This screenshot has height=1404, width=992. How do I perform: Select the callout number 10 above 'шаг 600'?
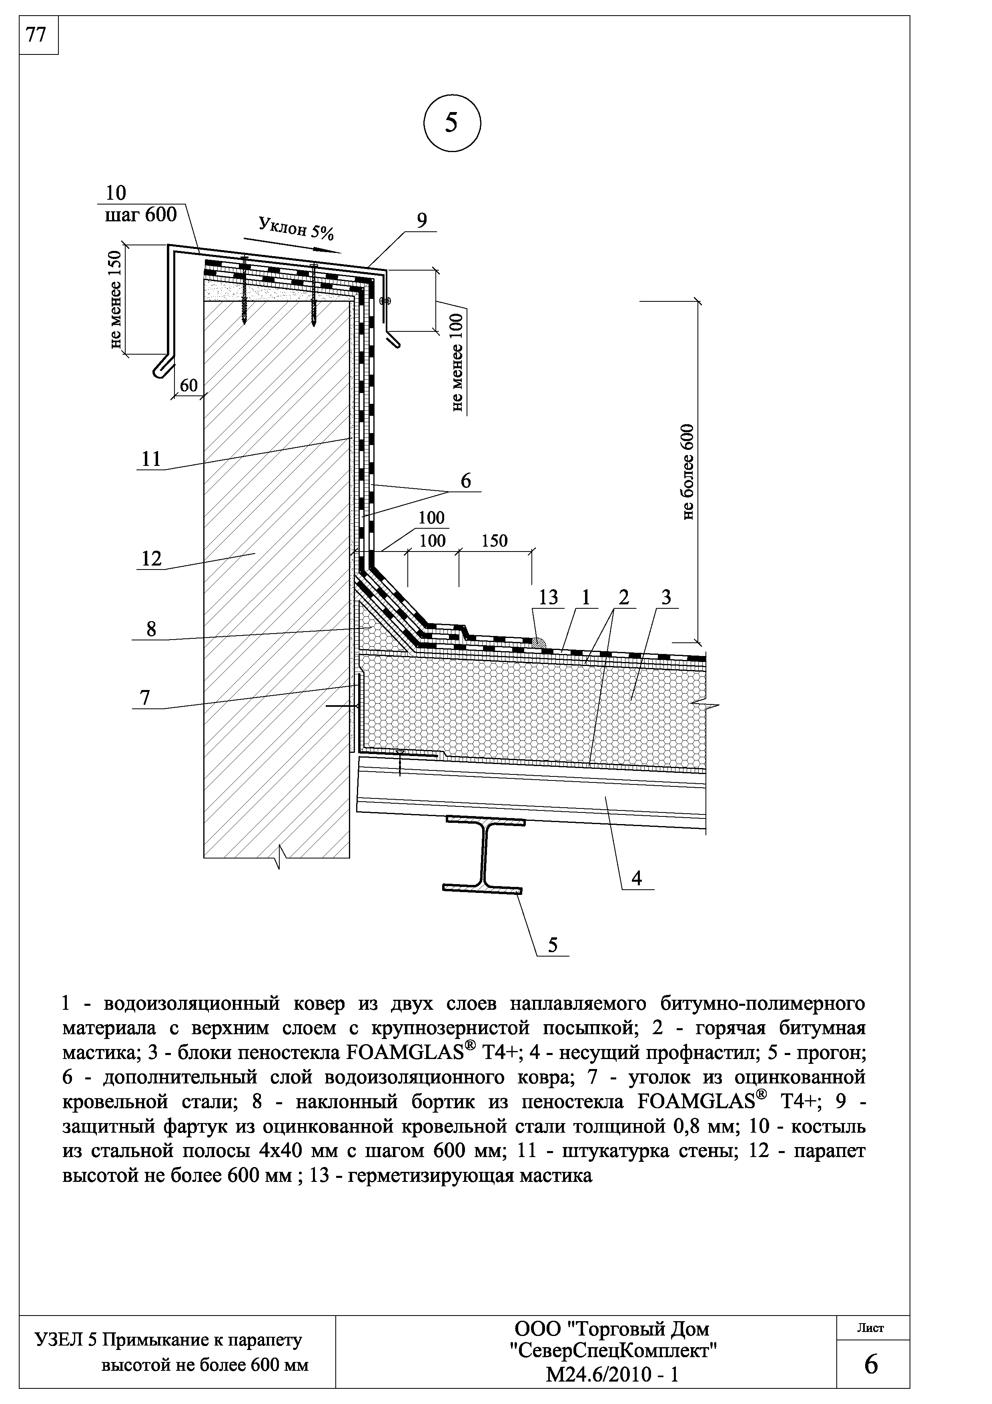click(116, 193)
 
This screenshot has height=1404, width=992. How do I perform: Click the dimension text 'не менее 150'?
click(116, 300)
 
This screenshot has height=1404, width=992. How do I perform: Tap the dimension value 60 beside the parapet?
click(189, 385)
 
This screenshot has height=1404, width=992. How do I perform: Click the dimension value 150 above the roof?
click(495, 541)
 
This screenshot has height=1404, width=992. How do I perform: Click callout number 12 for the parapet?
click(151, 558)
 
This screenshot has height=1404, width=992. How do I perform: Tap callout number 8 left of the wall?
click(151, 629)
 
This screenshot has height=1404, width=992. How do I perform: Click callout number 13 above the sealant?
click(548, 598)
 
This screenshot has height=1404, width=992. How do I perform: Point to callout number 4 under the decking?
click(637, 879)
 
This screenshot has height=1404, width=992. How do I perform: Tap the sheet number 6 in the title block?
click(872, 1365)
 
